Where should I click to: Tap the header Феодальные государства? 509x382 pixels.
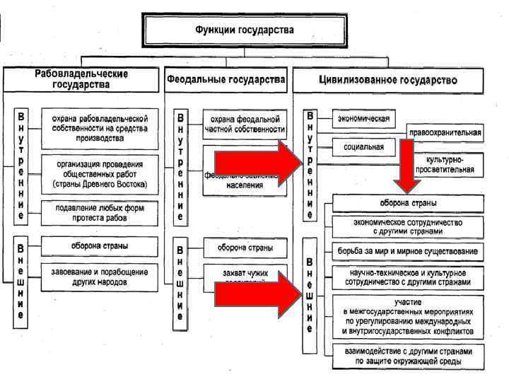pos(226,79)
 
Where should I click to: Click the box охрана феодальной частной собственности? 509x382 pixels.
pos(244,124)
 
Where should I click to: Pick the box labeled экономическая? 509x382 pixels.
pos(365,117)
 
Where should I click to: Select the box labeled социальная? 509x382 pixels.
pos(364,147)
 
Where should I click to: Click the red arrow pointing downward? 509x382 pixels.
pos(408,166)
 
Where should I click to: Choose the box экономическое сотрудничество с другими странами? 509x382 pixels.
pos(408,226)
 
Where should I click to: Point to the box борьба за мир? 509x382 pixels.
pos(408,251)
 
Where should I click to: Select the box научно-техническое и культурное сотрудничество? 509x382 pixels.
pos(408,276)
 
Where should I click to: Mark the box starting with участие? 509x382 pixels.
pos(408,316)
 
